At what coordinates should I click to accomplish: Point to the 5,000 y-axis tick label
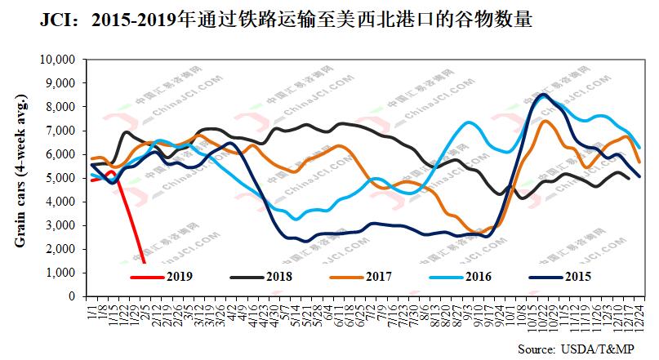click(62, 178)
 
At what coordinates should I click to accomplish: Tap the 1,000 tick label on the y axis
click(62, 273)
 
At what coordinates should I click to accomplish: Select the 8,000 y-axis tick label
click(62, 108)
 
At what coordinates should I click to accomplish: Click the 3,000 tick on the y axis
click(62, 225)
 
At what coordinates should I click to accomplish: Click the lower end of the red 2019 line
click(145, 263)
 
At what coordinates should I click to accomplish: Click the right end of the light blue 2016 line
click(639, 148)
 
